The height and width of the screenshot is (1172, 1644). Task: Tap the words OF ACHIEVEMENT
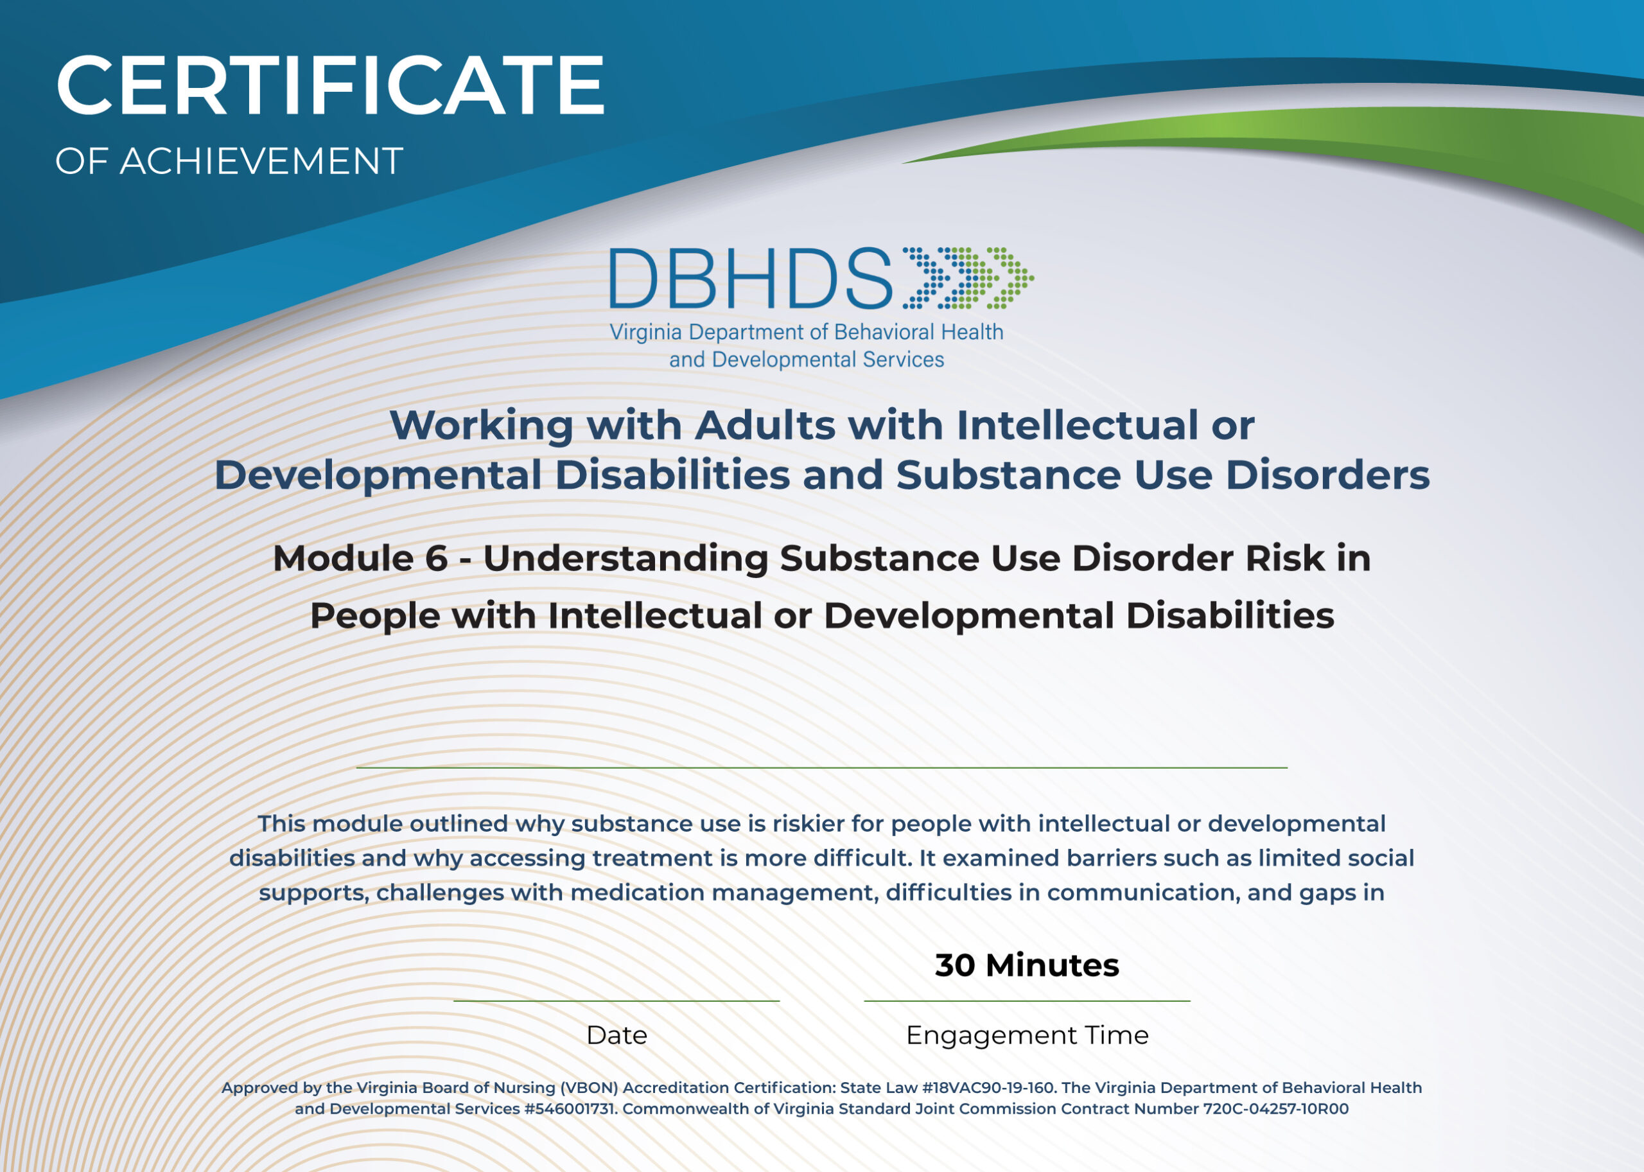[229, 161]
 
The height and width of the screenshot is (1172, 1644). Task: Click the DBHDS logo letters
[751, 279]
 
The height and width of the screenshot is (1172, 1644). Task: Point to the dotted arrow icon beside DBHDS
[967, 277]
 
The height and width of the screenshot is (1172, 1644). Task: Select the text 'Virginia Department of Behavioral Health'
[806, 332]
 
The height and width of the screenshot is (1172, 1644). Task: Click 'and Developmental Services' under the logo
[806, 360]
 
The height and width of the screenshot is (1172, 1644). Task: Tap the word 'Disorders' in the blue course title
[1327, 476]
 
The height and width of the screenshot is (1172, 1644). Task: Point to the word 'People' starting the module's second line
[374, 617]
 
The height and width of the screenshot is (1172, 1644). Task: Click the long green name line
[821, 768]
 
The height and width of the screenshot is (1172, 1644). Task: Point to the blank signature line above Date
[616, 1001]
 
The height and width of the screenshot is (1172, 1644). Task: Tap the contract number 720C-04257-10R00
[1275, 1108]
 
